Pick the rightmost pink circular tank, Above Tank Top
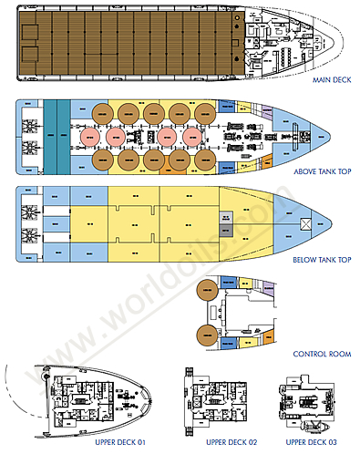193,136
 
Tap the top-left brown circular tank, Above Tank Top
102,113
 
